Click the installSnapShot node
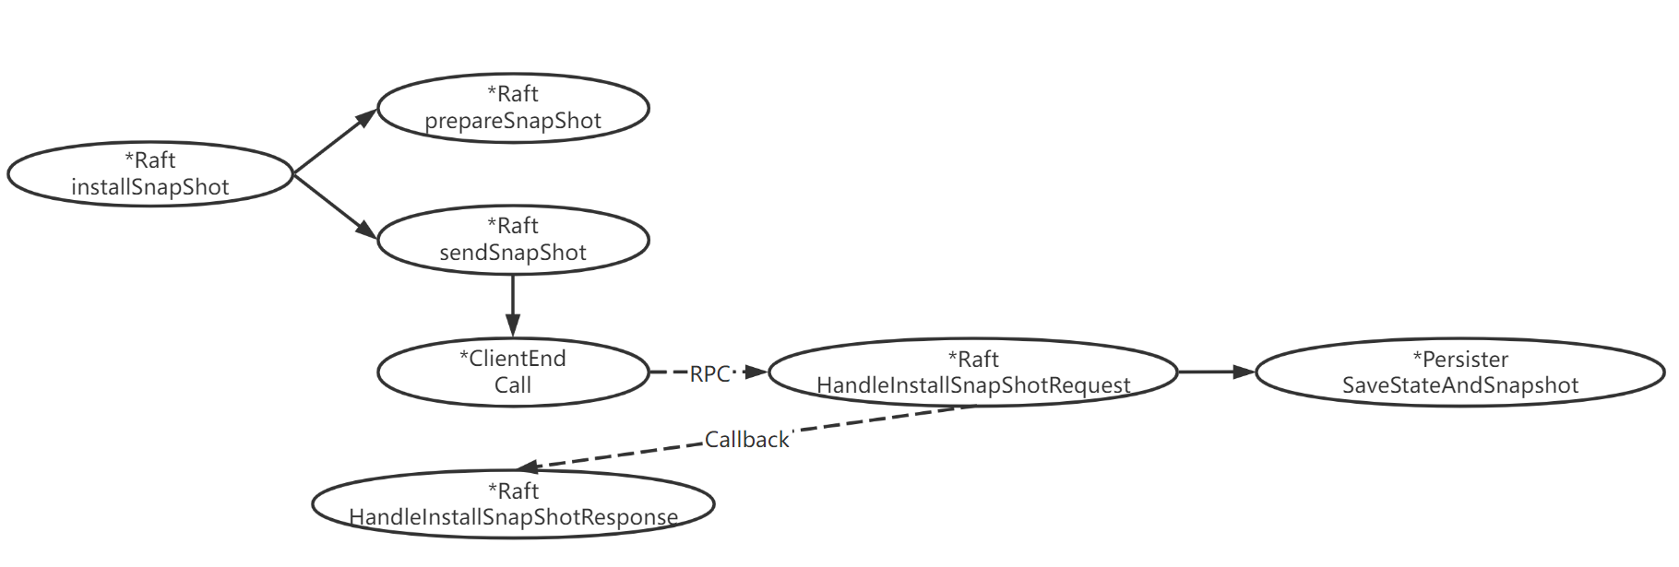150,174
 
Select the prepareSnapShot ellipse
513,108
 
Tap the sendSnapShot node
513,240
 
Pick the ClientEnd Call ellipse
513,372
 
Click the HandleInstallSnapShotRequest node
973,372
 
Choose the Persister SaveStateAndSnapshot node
1460,372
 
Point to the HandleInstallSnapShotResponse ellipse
513,504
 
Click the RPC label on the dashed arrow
709,373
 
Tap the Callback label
746,440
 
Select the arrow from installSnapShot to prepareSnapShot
334,140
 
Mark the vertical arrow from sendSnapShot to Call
513,304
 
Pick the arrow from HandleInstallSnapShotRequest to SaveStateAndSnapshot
1216,372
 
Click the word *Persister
1460,359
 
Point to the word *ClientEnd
513,359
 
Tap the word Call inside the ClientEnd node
513,385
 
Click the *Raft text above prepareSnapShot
513,94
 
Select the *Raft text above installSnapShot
150,160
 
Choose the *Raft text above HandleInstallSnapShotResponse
513,490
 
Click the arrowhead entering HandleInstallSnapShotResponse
529,467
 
